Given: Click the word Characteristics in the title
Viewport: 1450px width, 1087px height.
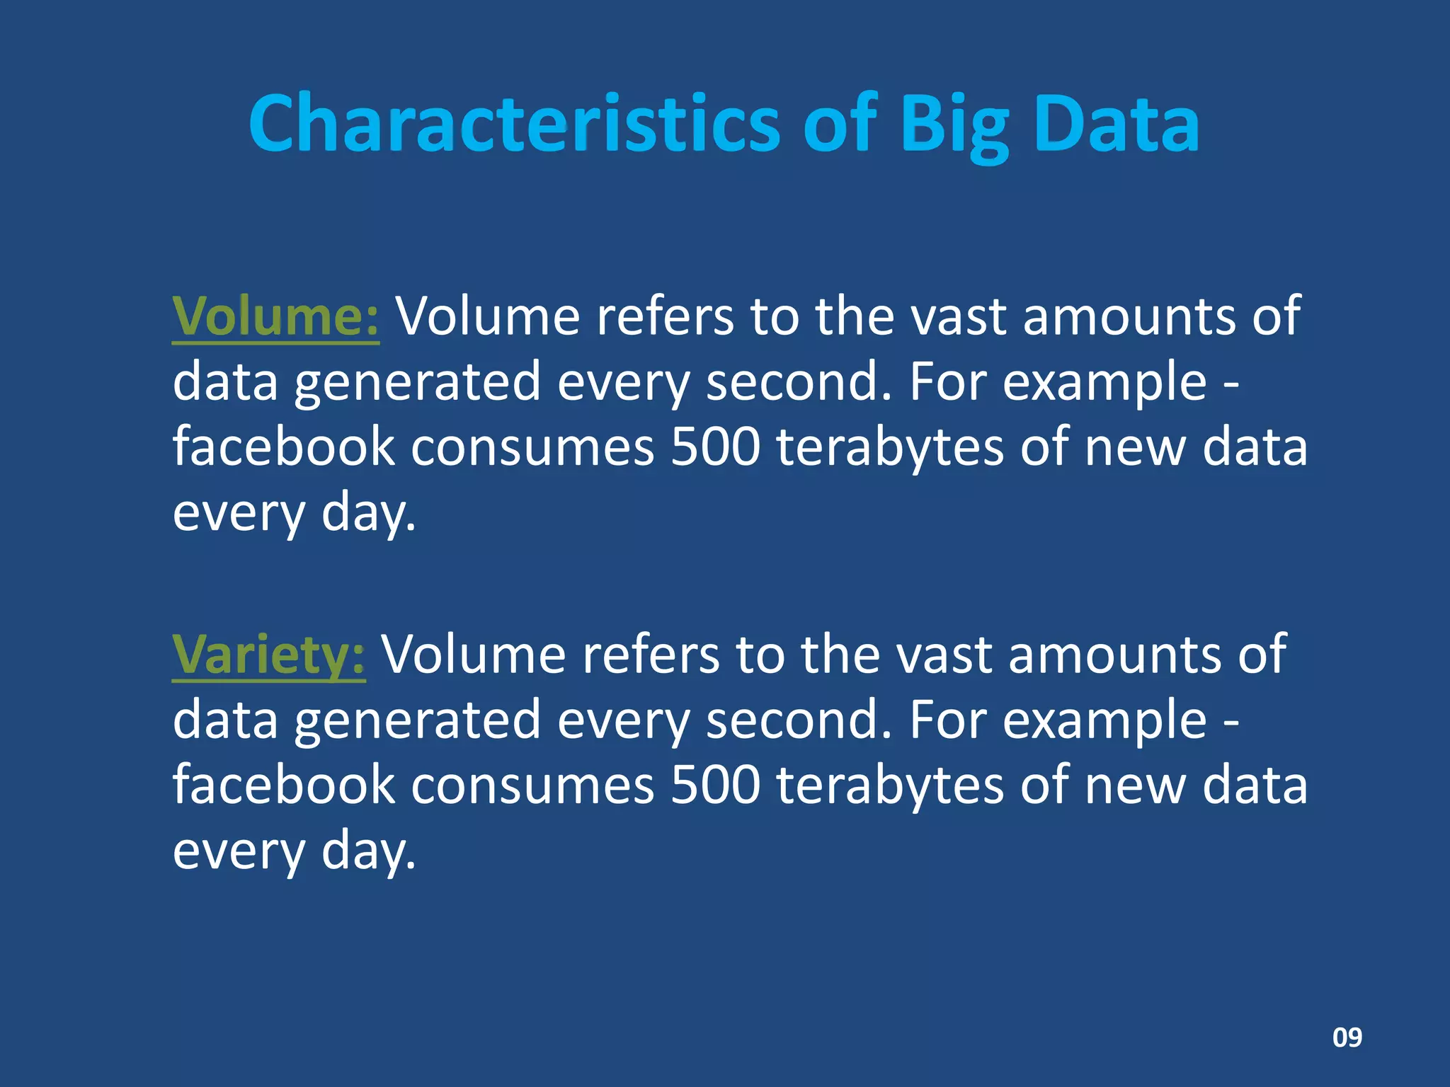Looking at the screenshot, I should click(x=513, y=124).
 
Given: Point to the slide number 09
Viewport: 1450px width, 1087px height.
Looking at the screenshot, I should click(x=1347, y=1037).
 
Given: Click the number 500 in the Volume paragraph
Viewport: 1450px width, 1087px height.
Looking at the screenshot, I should click(x=715, y=448).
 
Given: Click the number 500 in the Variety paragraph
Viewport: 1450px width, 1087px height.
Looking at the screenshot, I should click(x=715, y=786).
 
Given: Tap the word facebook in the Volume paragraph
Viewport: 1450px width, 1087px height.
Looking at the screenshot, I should click(x=283, y=448).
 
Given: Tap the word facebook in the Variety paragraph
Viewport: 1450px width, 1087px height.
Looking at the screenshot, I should click(x=283, y=786).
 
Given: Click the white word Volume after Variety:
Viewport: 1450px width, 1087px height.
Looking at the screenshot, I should click(x=474, y=655).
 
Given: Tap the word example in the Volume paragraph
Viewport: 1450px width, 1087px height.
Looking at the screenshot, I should click(x=1104, y=382).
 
